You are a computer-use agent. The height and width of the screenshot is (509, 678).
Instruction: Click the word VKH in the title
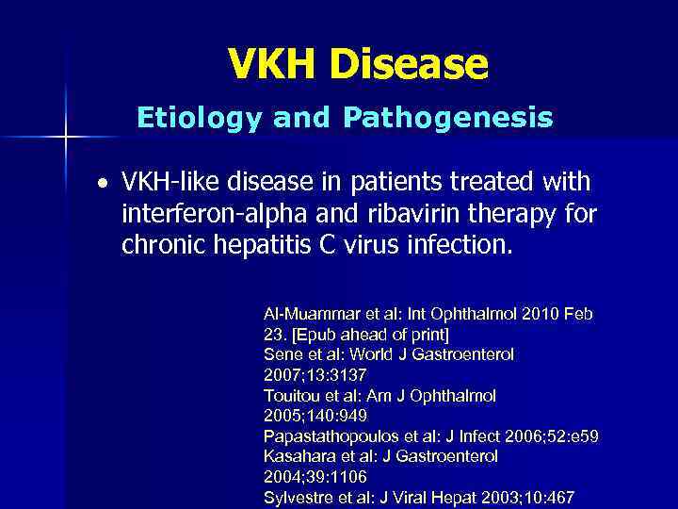click(x=272, y=64)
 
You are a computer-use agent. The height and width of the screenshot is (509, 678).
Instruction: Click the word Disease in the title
click(x=409, y=64)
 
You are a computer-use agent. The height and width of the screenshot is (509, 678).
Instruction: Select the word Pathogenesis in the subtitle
click(x=447, y=118)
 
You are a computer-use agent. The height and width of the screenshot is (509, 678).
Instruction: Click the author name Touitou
click(x=293, y=395)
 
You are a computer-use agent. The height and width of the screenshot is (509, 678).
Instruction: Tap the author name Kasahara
click(x=299, y=455)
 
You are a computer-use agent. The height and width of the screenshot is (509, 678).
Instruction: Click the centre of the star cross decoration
click(x=65, y=138)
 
